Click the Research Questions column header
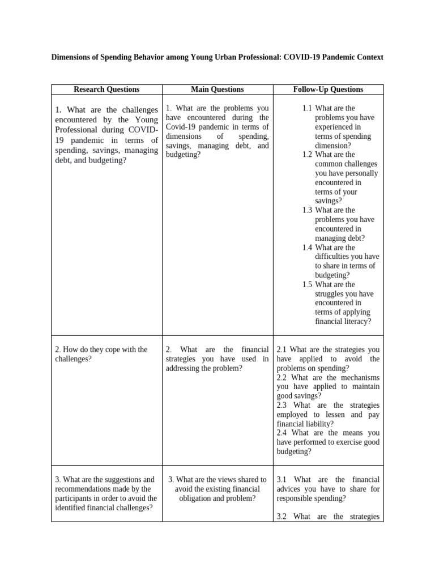[106, 89]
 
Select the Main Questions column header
[217, 89]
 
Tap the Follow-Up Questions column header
[329, 89]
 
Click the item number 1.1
[307, 108]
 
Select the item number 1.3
[307, 210]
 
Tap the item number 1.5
[307, 284]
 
